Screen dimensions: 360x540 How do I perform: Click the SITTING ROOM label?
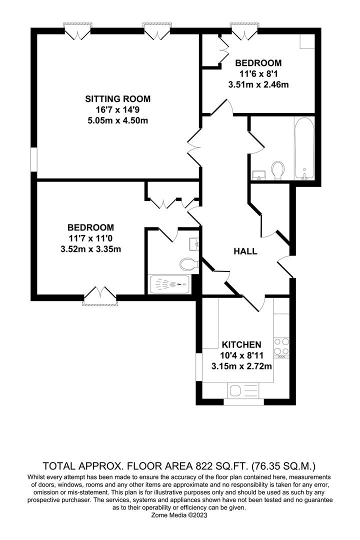(x=118, y=99)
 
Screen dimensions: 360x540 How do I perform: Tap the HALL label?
(x=245, y=251)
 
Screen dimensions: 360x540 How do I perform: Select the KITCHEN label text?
(x=241, y=344)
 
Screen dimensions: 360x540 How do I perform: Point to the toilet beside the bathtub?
(x=278, y=170)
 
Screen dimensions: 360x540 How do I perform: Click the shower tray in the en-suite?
(x=169, y=284)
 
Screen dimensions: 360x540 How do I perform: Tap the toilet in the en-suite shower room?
(x=189, y=264)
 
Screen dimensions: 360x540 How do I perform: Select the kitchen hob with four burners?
(x=281, y=347)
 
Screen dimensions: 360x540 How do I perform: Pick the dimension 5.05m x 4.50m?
(x=118, y=121)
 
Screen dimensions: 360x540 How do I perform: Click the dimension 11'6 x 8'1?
(x=258, y=73)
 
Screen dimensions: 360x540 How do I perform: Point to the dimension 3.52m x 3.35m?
(x=90, y=249)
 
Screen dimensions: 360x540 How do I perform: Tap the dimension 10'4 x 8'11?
(x=241, y=355)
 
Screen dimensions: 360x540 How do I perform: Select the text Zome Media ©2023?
(x=179, y=515)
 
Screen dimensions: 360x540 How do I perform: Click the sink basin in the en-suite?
(x=194, y=244)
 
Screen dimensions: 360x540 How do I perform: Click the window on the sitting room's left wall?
(x=33, y=159)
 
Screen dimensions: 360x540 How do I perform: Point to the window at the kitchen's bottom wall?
(x=244, y=401)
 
